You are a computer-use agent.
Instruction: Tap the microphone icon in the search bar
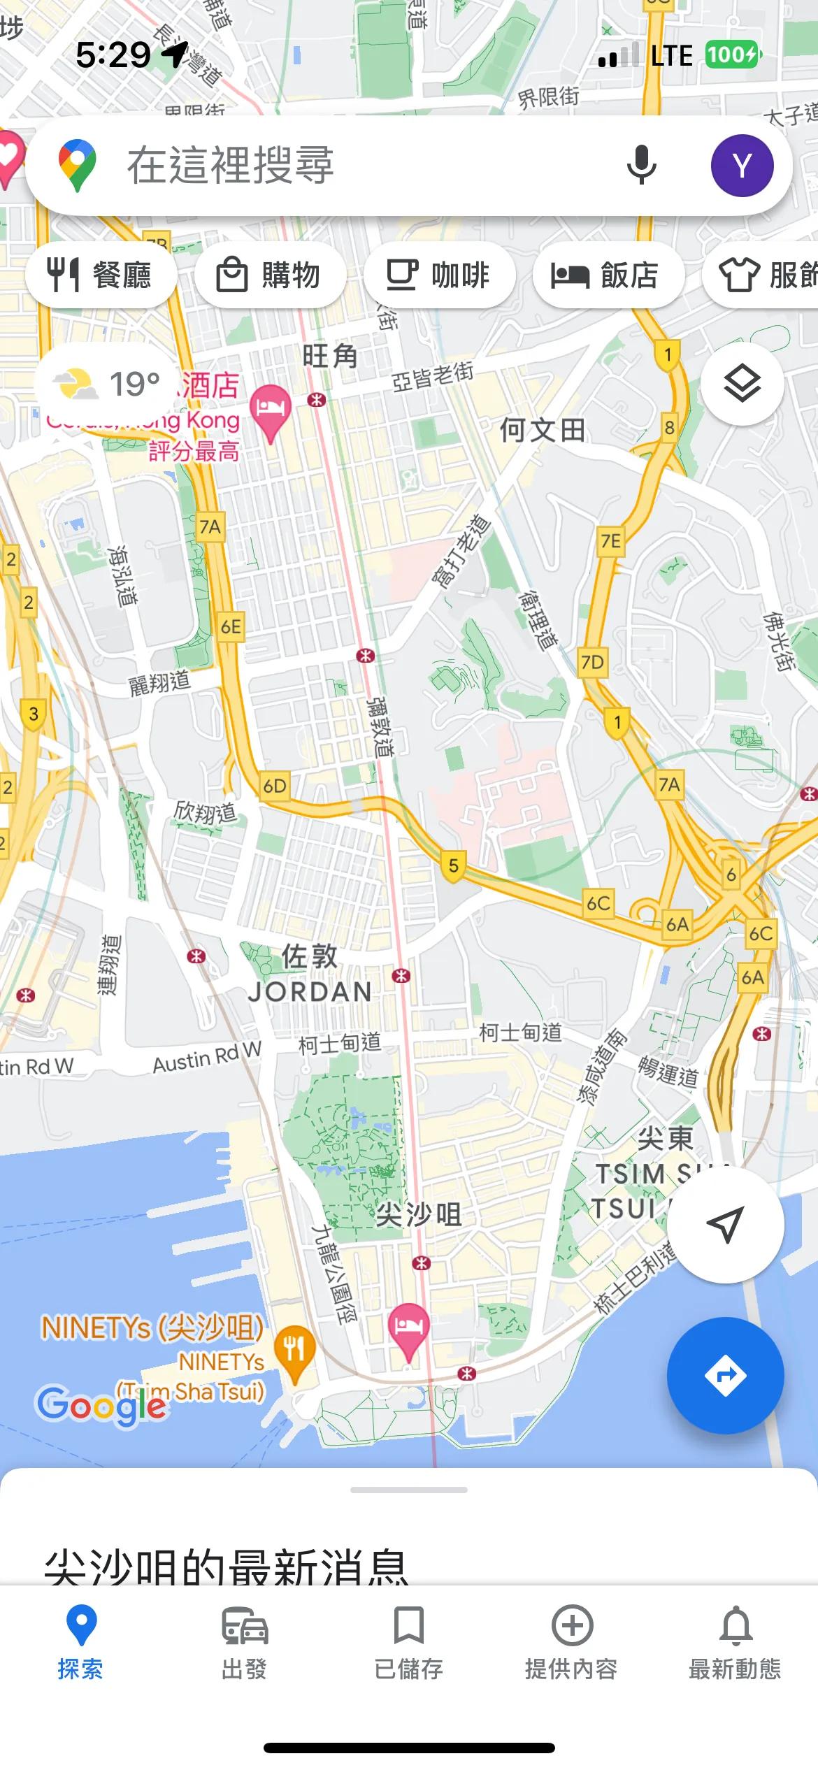[x=641, y=166]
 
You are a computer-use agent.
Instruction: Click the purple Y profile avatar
[x=742, y=166]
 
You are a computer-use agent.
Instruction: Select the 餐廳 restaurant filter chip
[x=101, y=275]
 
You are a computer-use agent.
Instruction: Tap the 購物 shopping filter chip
[x=270, y=275]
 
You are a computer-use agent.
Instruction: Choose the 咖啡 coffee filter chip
[x=439, y=275]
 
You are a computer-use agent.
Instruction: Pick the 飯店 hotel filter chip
[x=607, y=275]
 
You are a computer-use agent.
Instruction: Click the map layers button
[x=742, y=383]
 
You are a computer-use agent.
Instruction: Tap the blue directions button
[x=725, y=1375]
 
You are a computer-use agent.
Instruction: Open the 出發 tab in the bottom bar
[x=245, y=1639]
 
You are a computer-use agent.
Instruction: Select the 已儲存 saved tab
[x=408, y=1639]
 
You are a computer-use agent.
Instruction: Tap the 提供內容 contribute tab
[x=572, y=1639]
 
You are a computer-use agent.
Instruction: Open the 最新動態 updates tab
[x=736, y=1639]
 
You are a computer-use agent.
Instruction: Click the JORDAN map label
[x=310, y=991]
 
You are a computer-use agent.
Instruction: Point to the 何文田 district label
[x=543, y=430]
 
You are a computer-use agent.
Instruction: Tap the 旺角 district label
[x=330, y=356]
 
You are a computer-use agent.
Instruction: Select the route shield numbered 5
[x=454, y=866]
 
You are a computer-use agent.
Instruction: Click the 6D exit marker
[x=275, y=786]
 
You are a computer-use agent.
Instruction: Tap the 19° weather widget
[x=105, y=383]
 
